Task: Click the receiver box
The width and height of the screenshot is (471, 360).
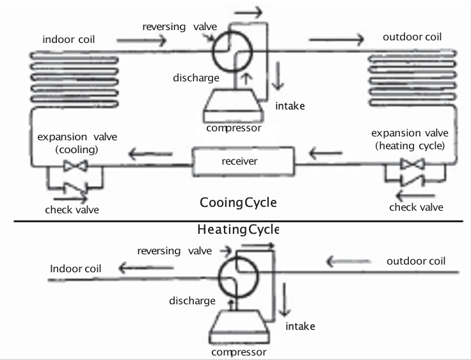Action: (x=245, y=161)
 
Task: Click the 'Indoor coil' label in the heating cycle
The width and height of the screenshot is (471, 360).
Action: (x=76, y=268)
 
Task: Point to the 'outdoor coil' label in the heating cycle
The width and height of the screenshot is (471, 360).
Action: (x=416, y=261)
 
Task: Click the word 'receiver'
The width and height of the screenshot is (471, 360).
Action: (x=240, y=161)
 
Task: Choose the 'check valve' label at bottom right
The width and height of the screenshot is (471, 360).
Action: (x=416, y=207)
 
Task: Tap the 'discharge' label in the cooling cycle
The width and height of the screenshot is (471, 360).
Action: (x=196, y=78)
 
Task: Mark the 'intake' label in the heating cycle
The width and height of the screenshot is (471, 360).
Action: (x=300, y=327)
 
